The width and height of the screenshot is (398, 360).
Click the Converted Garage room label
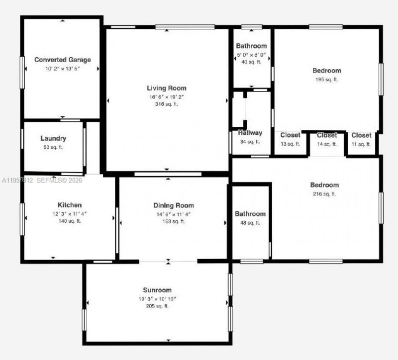pos(63,60)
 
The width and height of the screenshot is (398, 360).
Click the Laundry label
pos(53,139)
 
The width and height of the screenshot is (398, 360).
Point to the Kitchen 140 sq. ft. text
pos(70,221)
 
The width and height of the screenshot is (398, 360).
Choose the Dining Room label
pos(174,205)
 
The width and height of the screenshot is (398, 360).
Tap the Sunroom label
pos(157,290)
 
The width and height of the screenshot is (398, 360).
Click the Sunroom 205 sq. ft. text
pos(157,306)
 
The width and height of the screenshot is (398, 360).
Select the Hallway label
pos(250,133)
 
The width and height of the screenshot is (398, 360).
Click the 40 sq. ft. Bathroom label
pos(251,46)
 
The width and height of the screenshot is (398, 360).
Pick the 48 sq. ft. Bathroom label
pos(250,214)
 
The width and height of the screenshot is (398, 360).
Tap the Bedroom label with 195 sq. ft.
pos(326,71)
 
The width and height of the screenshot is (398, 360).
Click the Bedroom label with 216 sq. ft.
pos(324,185)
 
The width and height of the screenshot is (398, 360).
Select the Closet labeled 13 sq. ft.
pos(290,135)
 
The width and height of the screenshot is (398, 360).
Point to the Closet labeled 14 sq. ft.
pos(327,135)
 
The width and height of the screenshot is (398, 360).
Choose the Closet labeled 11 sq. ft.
pos(361,135)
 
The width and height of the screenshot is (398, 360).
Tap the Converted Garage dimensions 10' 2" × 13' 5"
pos(63,69)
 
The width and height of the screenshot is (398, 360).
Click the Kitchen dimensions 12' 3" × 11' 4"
pos(70,213)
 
